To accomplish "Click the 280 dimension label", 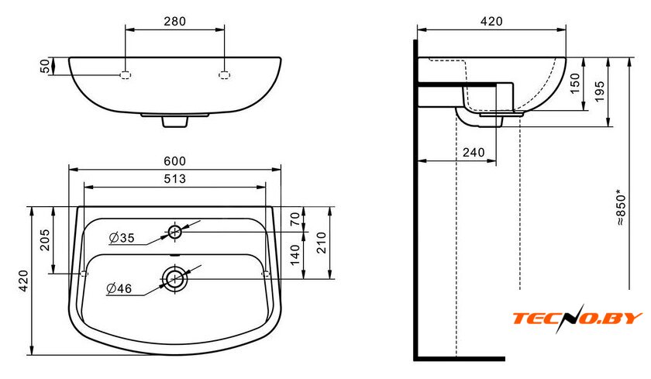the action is click(174, 21).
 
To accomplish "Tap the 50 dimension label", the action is click(45, 66).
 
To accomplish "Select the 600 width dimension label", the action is click(174, 161).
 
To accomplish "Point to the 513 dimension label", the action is click(174, 178).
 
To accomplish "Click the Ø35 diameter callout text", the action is click(122, 238).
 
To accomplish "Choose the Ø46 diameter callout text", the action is click(119, 288).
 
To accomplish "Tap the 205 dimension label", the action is click(45, 240).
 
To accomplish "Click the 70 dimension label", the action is click(294, 219).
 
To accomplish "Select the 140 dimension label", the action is click(294, 255).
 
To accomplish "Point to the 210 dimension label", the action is click(322, 243).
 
